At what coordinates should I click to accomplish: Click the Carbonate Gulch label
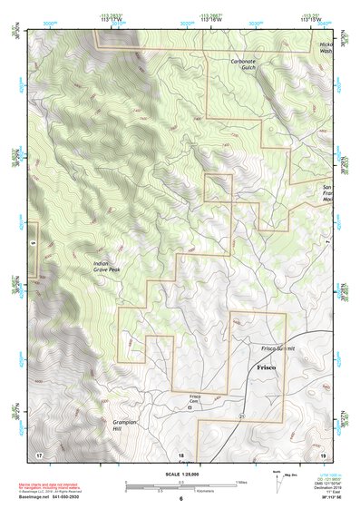tap(243, 64)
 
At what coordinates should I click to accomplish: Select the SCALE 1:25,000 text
tap(180, 474)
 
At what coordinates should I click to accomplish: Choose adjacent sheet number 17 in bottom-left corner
tap(39, 453)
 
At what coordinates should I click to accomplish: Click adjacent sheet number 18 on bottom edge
tap(180, 454)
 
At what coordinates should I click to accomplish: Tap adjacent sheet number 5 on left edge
tap(32, 243)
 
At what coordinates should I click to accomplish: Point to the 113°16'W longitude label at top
tap(210, 16)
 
